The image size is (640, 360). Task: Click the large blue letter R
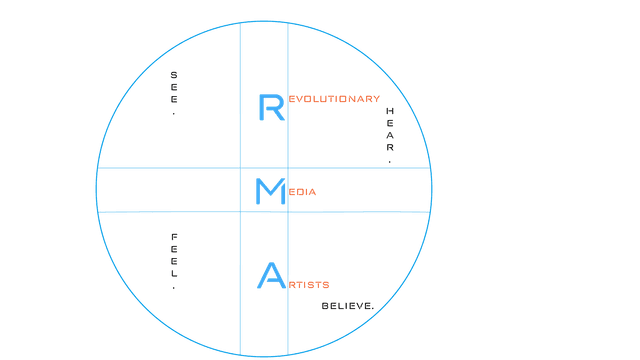click(271, 107)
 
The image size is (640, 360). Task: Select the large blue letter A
click(270, 275)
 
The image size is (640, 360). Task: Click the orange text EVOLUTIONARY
click(334, 99)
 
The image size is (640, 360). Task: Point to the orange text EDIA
click(302, 192)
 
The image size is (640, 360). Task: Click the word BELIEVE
click(347, 305)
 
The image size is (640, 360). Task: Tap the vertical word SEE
click(174, 87)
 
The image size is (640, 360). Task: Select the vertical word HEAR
click(390, 129)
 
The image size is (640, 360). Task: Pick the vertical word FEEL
click(174, 256)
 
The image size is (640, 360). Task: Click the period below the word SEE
click(174, 113)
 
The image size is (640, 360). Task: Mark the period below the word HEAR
click(390, 161)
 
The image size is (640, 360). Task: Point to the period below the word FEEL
click(174, 287)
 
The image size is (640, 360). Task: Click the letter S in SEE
click(174, 74)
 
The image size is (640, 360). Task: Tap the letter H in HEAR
click(390, 110)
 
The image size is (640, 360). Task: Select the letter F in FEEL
click(174, 237)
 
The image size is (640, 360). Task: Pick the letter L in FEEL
click(174, 273)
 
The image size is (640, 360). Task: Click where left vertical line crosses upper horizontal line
click(240, 168)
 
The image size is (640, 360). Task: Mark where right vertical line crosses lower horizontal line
click(288, 212)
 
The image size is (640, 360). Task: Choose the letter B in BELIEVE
click(325, 305)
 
